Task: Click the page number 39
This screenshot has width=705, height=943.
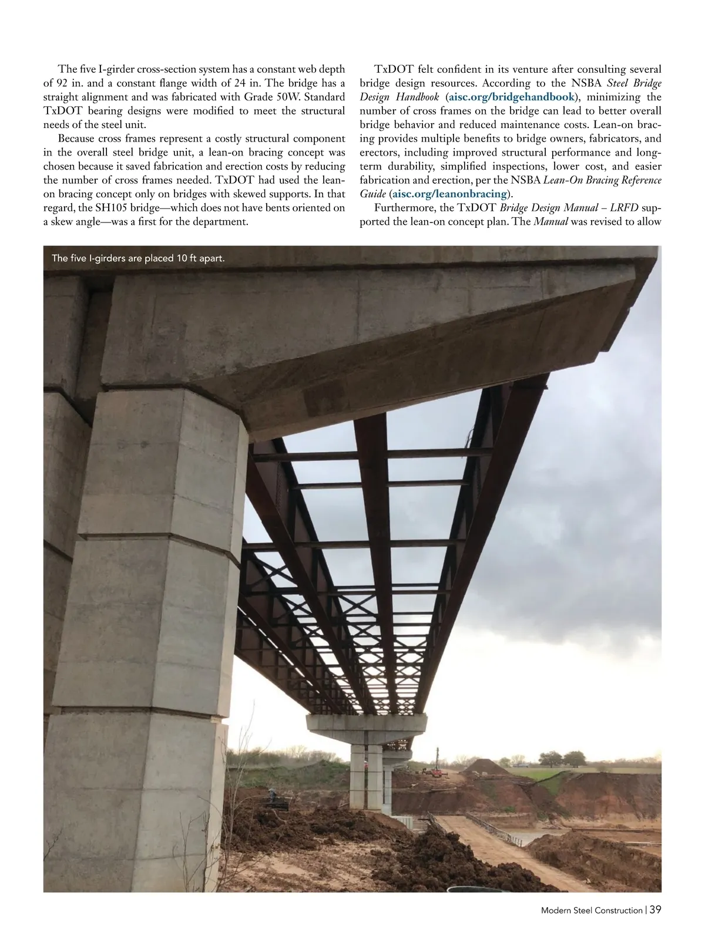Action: [x=655, y=926]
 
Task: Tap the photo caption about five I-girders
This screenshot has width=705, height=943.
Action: [x=138, y=258]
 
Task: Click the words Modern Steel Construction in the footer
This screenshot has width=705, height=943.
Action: [x=591, y=927]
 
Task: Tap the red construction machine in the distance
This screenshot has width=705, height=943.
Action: [x=435, y=771]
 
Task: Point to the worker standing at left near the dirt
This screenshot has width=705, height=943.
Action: [x=271, y=794]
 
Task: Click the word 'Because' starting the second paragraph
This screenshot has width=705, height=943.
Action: [x=76, y=139]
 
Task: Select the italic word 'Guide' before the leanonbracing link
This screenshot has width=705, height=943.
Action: [x=372, y=194]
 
